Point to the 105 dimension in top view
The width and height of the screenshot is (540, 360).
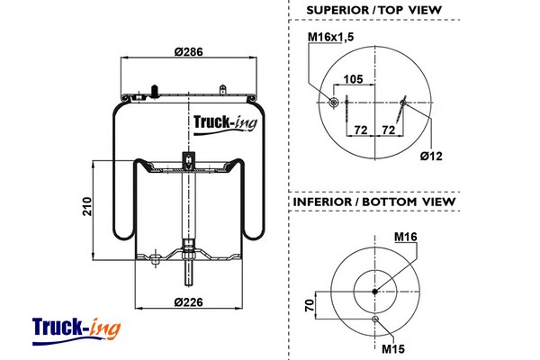[x=353, y=79]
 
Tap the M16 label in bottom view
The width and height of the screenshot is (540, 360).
[x=407, y=238]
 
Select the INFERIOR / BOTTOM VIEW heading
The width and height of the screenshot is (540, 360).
[x=373, y=202]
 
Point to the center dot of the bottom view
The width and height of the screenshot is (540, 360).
[x=375, y=290]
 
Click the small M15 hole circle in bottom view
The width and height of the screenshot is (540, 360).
[x=375, y=319]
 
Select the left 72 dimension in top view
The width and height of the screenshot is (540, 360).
[x=360, y=130]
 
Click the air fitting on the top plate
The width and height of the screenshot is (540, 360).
[x=156, y=90]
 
